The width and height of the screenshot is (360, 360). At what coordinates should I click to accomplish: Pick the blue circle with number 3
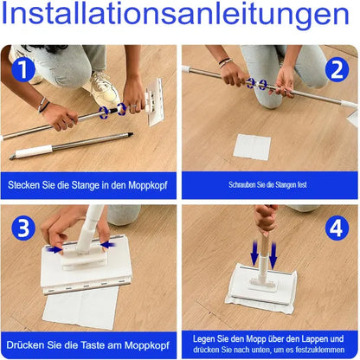click(24, 228)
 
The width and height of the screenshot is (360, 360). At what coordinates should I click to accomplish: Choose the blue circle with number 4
click(336, 228)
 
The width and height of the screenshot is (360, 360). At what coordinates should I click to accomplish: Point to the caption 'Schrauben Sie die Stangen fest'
click(268, 184)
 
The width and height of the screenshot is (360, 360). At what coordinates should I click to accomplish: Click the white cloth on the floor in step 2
click(252, 146)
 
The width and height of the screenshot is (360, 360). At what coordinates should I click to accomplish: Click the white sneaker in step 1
click(104, 88)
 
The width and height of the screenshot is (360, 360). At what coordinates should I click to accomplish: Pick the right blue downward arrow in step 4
click(273, 254)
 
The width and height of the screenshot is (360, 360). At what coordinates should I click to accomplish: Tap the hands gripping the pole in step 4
click(265, 218)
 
